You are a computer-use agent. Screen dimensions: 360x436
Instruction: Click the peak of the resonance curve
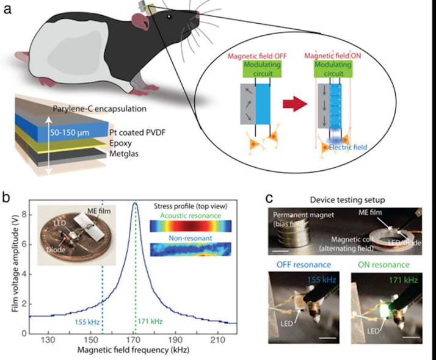(135, 204)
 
